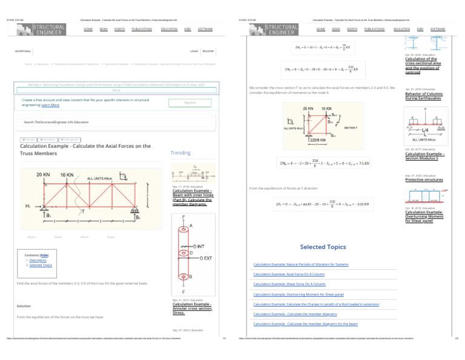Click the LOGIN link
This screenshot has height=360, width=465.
click(x=194, y=52)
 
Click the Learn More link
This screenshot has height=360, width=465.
click(x=51, y=105)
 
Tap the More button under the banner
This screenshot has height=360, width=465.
click(x=117, y=90)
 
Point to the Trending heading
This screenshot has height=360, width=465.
click(x=180, y=153)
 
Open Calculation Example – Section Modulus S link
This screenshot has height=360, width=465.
click(x=426, y=156)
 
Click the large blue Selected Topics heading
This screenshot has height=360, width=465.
click(x=323, y=247)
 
